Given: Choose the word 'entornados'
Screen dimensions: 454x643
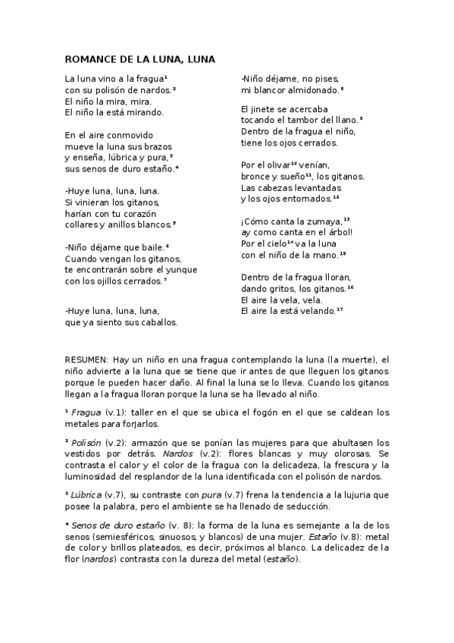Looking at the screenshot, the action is [308, 199].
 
